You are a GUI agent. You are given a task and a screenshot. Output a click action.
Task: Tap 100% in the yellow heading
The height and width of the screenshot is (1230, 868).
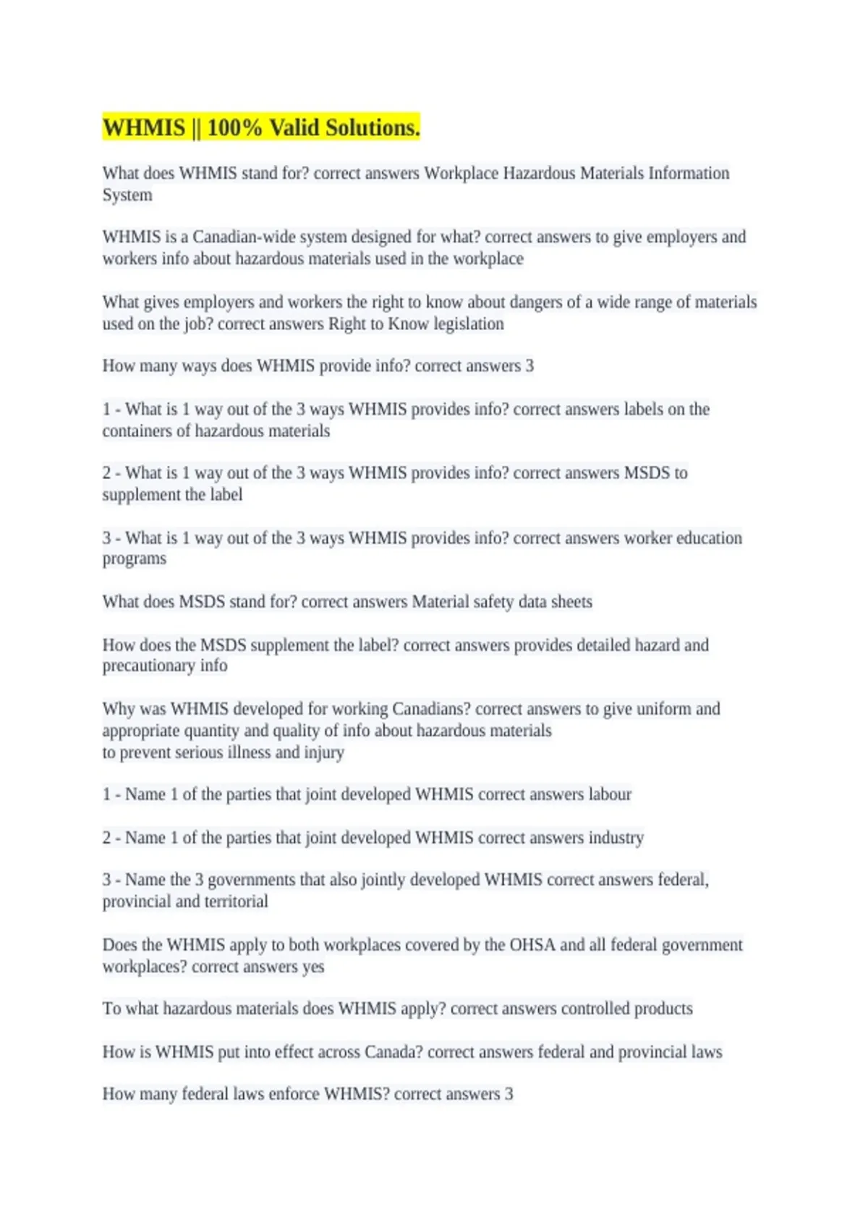tap(234, 128)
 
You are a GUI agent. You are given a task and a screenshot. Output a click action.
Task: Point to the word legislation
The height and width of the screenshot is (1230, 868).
tap(468, 324)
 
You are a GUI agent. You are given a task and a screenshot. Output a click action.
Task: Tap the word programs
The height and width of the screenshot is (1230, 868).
tap(134, 559)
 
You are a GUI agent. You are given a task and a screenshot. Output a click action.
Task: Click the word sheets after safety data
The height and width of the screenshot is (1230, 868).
tap(571, 602)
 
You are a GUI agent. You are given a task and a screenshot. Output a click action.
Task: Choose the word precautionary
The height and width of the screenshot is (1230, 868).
tap(148, 666)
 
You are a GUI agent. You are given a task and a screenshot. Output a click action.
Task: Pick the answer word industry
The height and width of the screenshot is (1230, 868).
tap(616, 838)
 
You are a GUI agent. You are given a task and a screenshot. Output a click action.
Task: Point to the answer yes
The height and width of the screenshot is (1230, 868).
tap(313, 967)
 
